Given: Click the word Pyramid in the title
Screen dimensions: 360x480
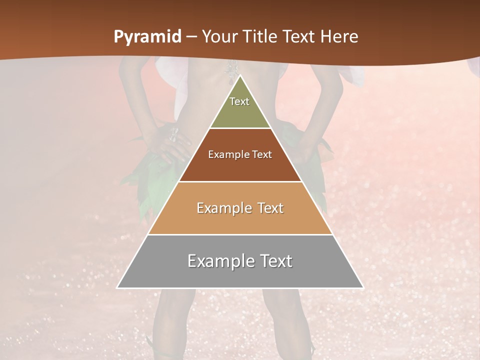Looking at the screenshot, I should (147, 36).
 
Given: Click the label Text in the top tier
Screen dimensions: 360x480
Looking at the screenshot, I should (239, 101).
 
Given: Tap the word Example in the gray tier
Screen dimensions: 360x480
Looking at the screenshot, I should (219, 261).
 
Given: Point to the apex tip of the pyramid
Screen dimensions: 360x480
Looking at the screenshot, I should (240, 76).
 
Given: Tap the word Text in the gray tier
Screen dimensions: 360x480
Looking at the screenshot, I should (274, 261).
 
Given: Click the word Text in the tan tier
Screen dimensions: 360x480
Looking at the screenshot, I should (270, 208).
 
